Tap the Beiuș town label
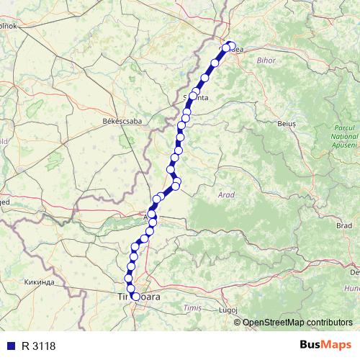(287, 124)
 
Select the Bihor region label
(266, 61)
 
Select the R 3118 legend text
(39, 346)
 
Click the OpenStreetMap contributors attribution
(297, 323)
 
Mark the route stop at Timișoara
(135, 296)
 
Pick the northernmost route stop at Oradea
(231, 45)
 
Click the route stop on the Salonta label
(194, 96)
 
